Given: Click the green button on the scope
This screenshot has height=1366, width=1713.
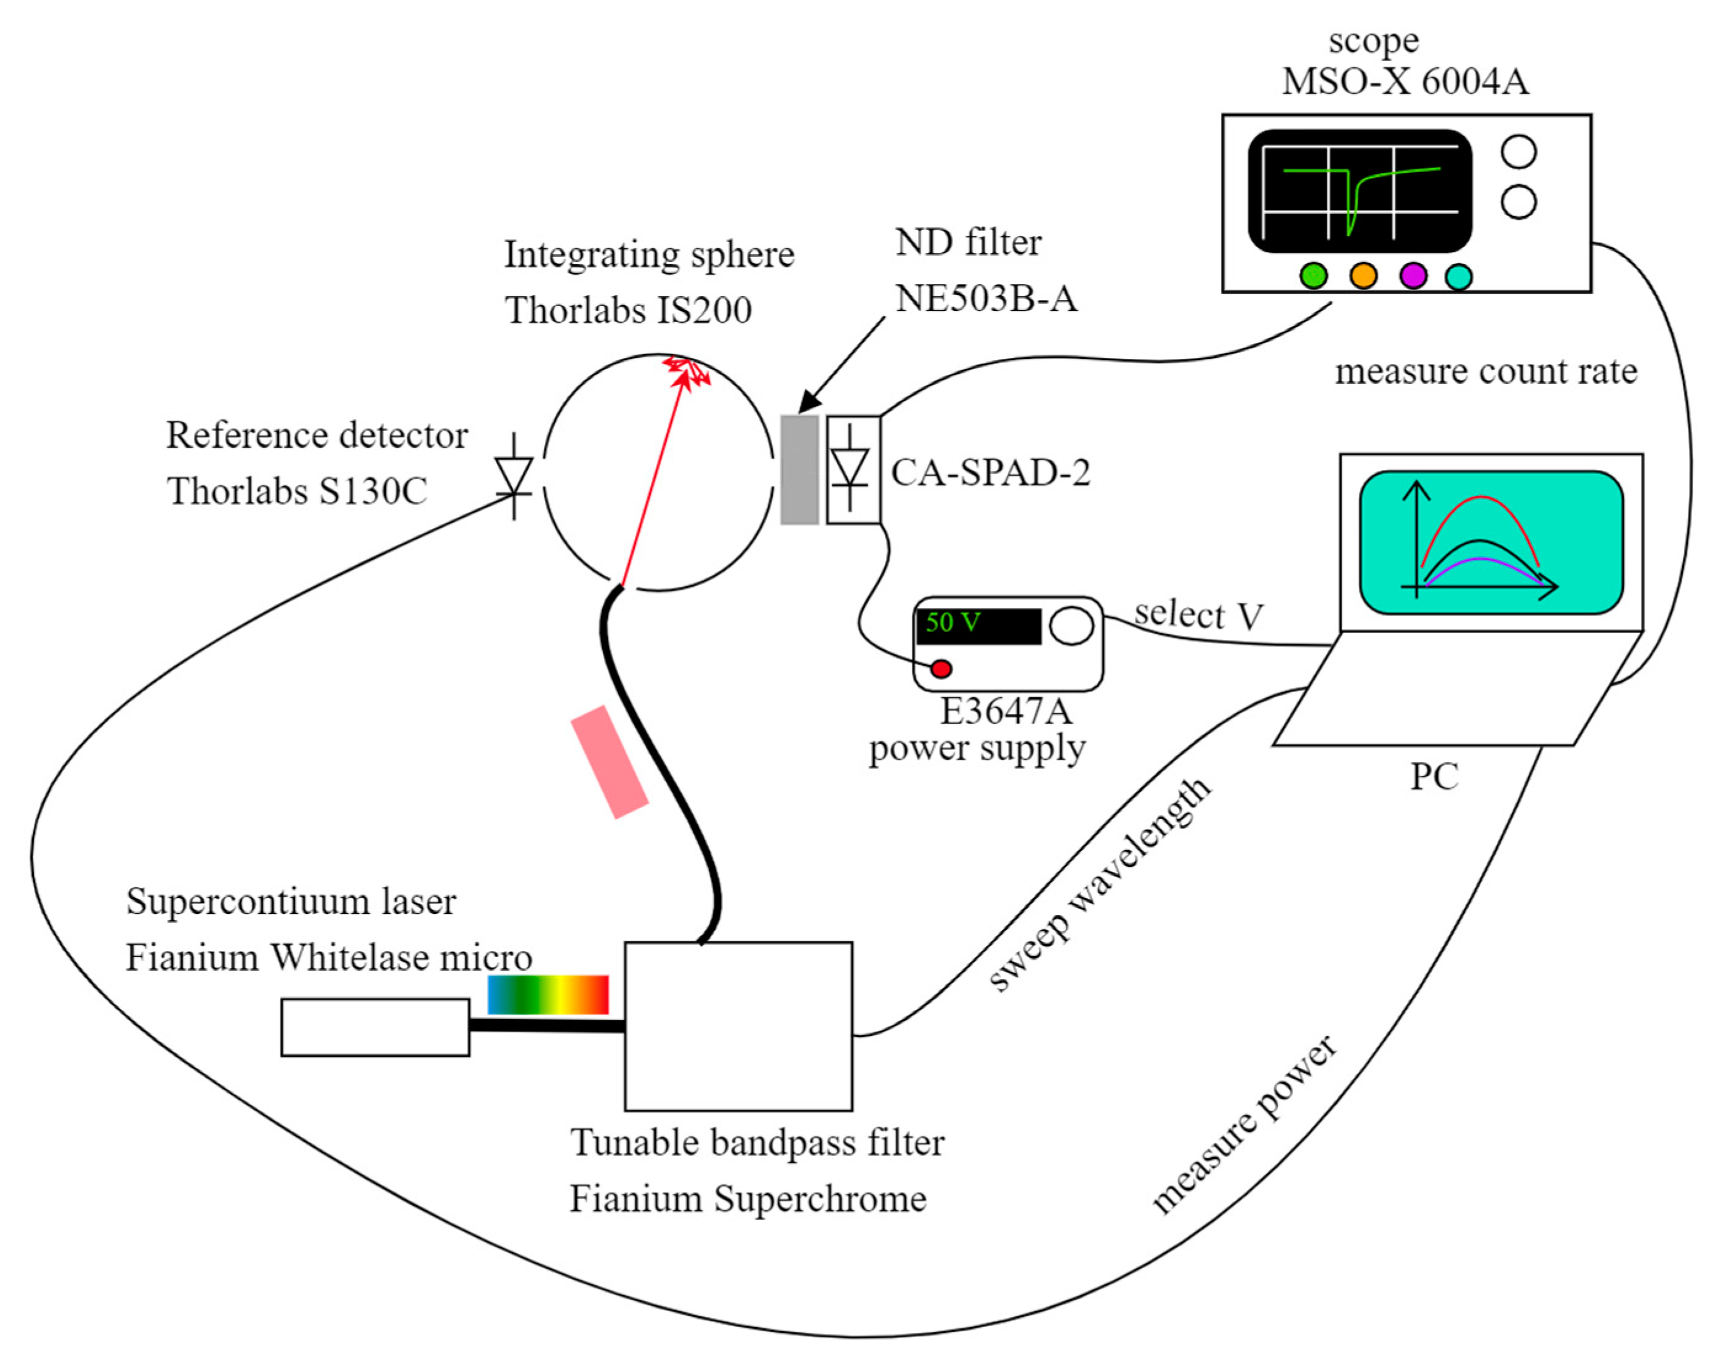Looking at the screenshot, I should [1313, 276].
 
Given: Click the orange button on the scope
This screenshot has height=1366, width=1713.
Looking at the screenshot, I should [1363, 276].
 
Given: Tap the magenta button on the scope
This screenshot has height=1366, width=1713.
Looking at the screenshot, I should [1413, 276].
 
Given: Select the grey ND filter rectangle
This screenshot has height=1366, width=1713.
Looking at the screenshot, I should [799, 470].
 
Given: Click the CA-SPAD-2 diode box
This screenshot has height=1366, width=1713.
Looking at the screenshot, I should [853, 470].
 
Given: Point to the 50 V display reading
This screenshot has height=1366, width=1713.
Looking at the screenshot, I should [953, 622].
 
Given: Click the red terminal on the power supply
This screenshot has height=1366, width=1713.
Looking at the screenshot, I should [941, 668].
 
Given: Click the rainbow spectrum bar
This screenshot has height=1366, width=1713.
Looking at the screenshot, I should [547, 995].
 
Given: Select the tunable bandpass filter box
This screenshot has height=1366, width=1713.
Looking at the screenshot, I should [738, 1026].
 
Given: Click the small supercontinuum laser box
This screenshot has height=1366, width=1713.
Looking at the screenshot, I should [375, 1027].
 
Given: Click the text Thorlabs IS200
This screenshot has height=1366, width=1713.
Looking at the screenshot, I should [627, 310].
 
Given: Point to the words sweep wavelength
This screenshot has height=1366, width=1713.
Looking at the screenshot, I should [1100, 884].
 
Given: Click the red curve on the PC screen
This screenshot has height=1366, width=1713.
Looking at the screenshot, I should [1480, 499].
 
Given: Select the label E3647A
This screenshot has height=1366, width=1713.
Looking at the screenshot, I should [1006, 711].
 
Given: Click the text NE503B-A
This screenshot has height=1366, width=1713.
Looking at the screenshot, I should [986, 299].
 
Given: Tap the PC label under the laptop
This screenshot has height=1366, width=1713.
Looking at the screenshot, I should [1434, 777].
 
